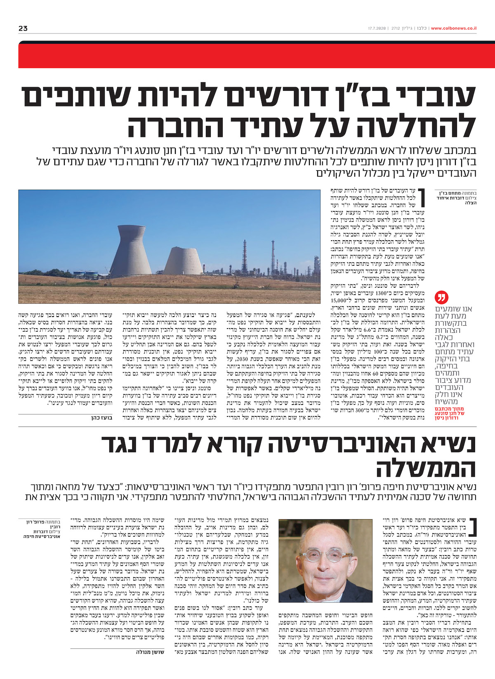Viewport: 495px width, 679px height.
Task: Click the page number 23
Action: [23, 28]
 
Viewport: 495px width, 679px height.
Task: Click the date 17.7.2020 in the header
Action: [377, 28]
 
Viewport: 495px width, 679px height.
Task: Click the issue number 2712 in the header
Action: [396, 28]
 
